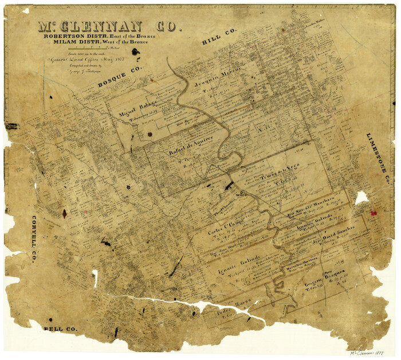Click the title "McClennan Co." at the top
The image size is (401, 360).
coord(108,27)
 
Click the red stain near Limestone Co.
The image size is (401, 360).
coord(374,213)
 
